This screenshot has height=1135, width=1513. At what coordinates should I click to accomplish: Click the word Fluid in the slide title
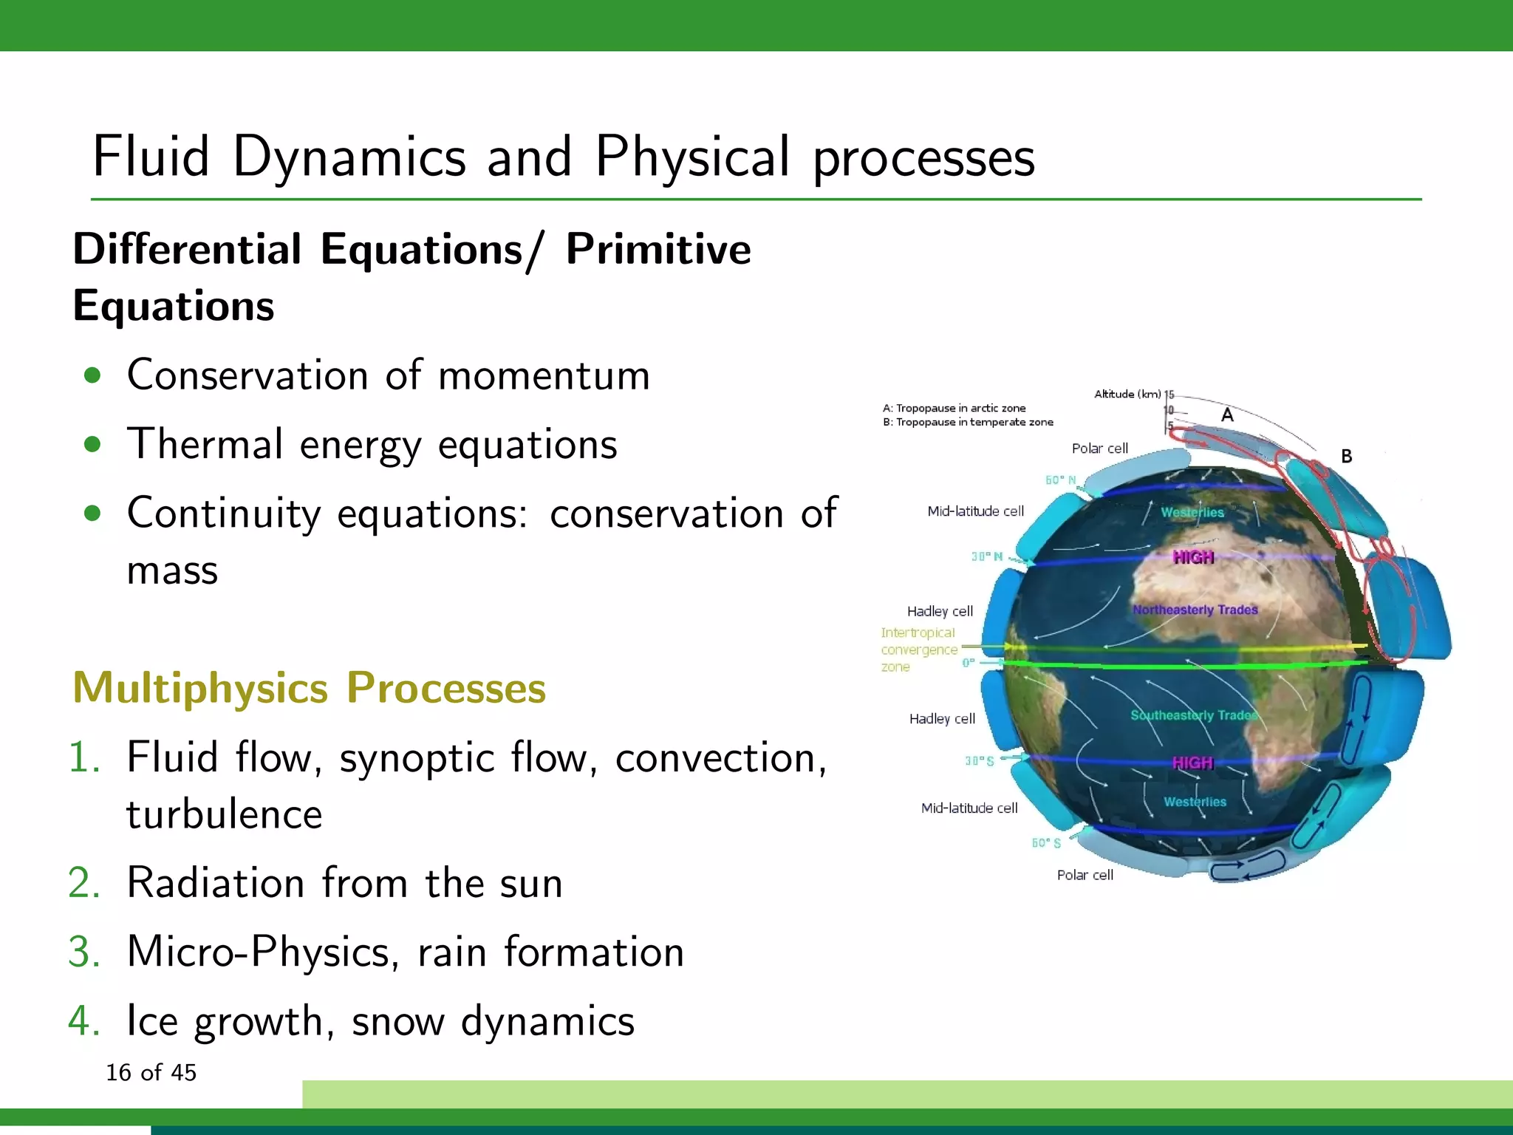click(x=151, y=157)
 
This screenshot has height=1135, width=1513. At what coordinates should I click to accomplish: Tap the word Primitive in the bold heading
click(x=658, y=249)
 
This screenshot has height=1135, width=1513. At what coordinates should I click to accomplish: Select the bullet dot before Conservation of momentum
click(x=92, y=375)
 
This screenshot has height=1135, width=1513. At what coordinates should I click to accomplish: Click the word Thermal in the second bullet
click(x=204, y=444)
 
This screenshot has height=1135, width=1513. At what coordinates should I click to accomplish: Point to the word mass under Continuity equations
click(x=172, y=570)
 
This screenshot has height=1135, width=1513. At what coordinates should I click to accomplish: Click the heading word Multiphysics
click(x=199, y=688)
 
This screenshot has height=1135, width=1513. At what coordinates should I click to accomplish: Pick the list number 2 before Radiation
click(x=83, y=883)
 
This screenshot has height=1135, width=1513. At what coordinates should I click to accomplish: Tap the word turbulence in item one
click(x=224, y=814)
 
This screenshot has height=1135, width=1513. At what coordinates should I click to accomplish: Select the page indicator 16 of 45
click(x=151, y=1072)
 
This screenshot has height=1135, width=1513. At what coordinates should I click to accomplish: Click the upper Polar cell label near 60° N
click(x=1099, y=449)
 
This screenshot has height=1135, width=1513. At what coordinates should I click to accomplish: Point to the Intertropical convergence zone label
click(x=918, y=650)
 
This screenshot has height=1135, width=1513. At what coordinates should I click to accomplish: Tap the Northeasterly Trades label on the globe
click(x=1195, y=610)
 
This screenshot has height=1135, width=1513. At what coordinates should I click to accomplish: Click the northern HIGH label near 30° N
click(x=1193, y=557)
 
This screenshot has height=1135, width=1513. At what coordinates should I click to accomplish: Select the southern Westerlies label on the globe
click(x=1195, y=802)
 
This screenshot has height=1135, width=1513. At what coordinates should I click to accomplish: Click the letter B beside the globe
click(x=1346, y=457)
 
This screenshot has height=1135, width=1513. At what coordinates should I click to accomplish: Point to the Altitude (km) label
click(x=1127, y=394)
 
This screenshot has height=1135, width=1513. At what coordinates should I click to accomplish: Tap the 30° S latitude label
click(x=979, y=760)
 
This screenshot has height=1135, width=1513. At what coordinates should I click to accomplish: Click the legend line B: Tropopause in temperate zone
click(x=967, y=422)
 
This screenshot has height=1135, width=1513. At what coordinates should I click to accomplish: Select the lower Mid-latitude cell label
click(x=969, y=808)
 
